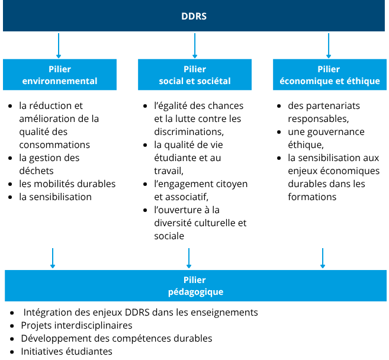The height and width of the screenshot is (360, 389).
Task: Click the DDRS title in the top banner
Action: tap(194, 16)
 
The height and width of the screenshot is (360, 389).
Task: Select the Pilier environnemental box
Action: tap(59, 75)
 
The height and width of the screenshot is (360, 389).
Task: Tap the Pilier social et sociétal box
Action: tap(194, 75)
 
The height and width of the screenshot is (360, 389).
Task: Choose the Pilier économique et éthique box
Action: tap(329, 75)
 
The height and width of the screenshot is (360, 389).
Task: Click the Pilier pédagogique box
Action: tap(195, 286)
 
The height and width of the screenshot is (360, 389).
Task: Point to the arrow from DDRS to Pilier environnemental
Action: tap(59, 46)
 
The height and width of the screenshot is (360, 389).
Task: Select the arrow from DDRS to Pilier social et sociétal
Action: tap(195, 46)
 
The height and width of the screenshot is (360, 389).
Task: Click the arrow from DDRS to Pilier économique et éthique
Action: tap(329, 46)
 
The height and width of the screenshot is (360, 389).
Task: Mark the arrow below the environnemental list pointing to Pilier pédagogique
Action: tap(53, 258)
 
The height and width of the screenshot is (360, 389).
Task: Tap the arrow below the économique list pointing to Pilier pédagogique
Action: tap(323, 258)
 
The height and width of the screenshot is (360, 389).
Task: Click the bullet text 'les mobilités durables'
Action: tap(67, 184)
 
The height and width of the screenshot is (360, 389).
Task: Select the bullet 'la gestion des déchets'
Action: tap(49, 164)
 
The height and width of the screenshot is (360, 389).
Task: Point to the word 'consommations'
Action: tap(54, 144)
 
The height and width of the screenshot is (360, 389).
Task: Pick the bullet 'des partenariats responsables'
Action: tap(323, 112)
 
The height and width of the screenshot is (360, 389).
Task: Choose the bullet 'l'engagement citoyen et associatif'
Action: tap(200, 190)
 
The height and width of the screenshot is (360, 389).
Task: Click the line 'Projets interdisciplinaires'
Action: tap(76, 325)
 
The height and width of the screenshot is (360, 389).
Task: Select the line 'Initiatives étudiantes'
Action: tap(66, 351)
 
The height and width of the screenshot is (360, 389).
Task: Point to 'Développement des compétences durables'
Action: tap(116, 338)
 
